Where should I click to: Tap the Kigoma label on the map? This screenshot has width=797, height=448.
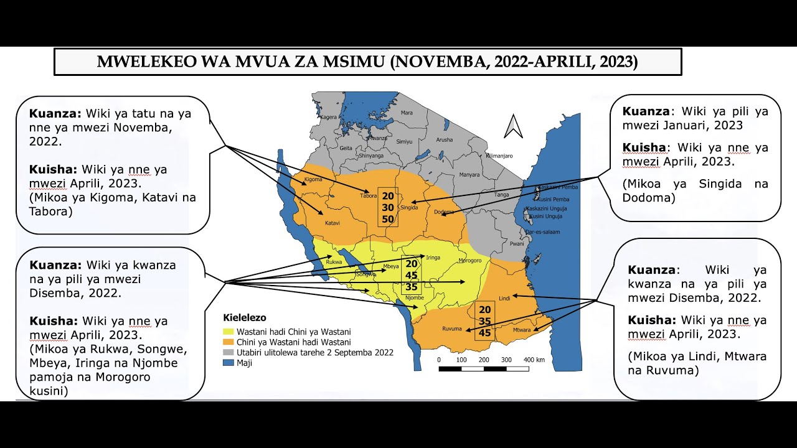point(313,180)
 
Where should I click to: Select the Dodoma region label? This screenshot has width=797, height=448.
point(443,212)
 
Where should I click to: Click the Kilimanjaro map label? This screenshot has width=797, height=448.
point(499,156)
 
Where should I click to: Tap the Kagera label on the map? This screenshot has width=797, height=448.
point(329,117)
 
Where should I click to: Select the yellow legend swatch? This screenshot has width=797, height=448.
point(228,332)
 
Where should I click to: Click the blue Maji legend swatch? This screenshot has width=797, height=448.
point(228,363)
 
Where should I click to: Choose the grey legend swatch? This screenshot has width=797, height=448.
point(228,352)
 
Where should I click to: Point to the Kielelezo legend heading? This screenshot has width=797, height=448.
point(244,318)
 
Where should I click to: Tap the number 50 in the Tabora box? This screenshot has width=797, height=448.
point(388,220)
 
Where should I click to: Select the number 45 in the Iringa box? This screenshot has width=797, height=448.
point(411,276)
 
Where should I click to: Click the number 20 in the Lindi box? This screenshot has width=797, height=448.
point(485,309)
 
